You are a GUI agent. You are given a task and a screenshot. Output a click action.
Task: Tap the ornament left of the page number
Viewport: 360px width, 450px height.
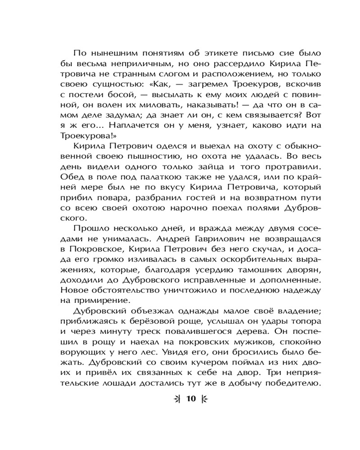178,399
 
